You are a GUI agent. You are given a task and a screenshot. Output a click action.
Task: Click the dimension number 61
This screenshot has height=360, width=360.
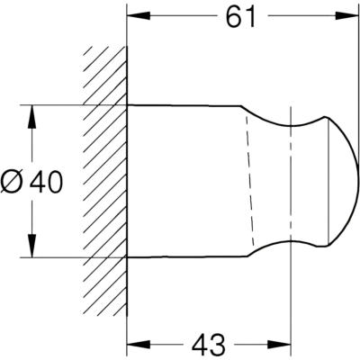click(x=240, y=17)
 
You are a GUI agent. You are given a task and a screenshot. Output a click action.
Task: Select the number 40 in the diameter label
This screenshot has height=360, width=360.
click(x=46, y=182)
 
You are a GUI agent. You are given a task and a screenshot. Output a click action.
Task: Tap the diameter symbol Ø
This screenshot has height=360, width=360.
click(x=13, y=182)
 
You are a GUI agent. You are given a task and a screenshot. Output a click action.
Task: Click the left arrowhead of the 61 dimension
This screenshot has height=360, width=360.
click(x=139, y=16)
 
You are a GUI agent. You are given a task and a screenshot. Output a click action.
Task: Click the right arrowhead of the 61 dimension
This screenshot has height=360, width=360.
click(x=347, y=16)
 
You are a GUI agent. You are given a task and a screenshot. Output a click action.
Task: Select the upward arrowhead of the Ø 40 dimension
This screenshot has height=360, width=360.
click(x=31, y=117)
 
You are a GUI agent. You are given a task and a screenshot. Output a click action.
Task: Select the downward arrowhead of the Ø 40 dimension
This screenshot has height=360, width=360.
click(x=31, y=246)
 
